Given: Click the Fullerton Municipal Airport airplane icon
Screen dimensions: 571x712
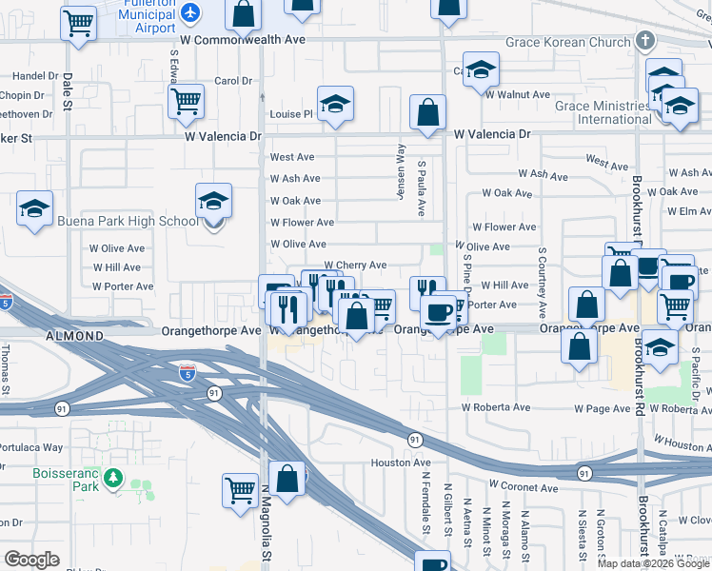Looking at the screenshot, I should pos(192,13).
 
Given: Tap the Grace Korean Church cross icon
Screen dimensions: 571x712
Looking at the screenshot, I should pos(646,41).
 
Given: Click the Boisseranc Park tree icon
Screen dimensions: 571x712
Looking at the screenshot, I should pos(114,477).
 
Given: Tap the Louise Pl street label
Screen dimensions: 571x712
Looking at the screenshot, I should pos(291,114).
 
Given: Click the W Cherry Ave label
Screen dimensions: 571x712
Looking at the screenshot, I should pos(355,266).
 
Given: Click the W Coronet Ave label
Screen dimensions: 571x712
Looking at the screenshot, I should pos(523,488).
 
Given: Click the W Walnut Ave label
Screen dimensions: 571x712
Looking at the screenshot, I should pos(517,94).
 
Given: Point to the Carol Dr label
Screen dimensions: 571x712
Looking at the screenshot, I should pos(232,81).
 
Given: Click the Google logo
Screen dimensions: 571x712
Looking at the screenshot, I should pos(32,560).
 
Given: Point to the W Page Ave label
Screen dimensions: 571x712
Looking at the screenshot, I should pos(602,409).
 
